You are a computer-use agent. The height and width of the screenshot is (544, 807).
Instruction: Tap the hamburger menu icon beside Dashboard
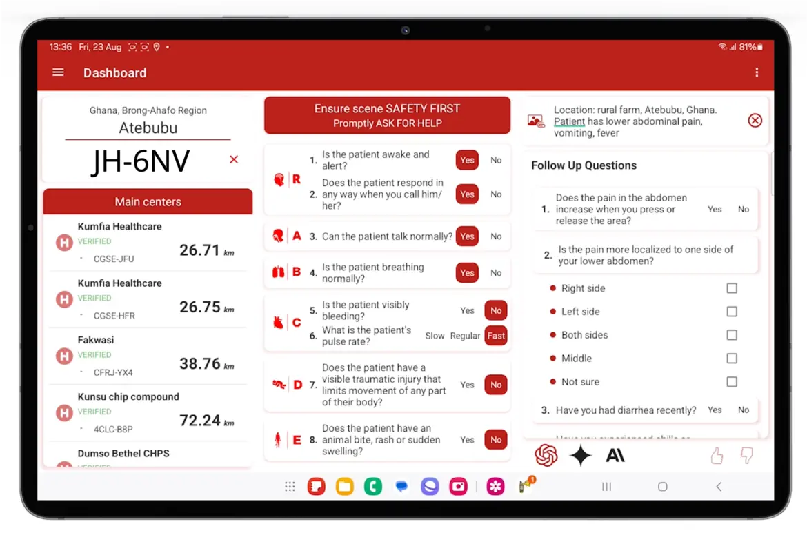click(58, 72)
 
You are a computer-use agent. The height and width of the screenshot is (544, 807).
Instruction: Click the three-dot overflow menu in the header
click(757, 72)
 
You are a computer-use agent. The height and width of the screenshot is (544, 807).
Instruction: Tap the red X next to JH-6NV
click(234, 160)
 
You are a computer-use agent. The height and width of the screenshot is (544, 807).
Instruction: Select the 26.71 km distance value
click(200, 250)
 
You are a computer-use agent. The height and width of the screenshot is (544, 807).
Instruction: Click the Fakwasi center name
click(96, 340)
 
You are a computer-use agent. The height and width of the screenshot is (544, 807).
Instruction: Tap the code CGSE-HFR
click(114, 316)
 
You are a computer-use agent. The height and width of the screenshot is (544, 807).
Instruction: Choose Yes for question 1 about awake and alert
click(467, 160)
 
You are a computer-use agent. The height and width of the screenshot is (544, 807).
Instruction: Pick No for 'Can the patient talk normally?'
click(496, 236)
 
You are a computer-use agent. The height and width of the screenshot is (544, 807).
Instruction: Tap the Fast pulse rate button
click(496, 336)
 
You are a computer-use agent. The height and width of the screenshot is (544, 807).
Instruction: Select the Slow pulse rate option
click(435, 336)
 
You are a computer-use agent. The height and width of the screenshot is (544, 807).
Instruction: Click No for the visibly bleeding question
click(496, 310)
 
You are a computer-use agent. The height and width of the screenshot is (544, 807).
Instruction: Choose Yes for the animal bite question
click(467, 440)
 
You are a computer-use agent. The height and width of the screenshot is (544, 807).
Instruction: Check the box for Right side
click(732, 288)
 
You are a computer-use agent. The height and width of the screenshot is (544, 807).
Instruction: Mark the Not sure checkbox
click(732, 382)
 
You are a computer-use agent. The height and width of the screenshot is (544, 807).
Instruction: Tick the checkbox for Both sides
click(732, 335)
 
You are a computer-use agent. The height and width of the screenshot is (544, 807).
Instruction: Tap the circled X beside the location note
click(755, 121)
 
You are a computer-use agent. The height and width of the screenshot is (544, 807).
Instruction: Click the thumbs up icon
click(717, 456)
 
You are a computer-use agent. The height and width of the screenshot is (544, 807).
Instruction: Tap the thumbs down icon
click(746, 456)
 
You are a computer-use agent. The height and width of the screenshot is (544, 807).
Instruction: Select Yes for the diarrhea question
click(715, 410)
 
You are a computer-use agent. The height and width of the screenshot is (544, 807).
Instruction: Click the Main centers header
click(148, 202)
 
